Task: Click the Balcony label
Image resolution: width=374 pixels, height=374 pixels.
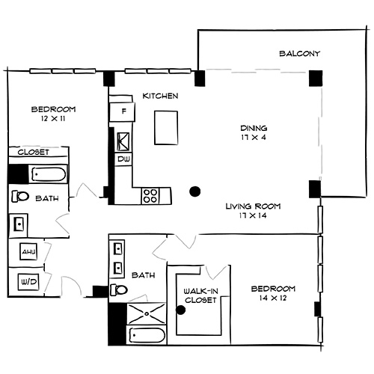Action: tap(299, 54)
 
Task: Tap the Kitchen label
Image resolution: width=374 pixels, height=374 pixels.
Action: tap(160, 96)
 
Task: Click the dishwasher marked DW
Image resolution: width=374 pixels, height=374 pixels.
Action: tap(123, 159)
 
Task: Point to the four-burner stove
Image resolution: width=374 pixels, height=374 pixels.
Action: tap(150, 195)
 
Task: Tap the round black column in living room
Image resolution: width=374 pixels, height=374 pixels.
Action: tap(195, 191)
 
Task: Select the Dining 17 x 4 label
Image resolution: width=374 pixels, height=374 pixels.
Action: tap(250, 132)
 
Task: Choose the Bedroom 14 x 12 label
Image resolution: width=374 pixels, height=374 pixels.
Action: tap(272, 293)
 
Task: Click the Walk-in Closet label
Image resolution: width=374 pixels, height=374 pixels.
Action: tap(200, 295)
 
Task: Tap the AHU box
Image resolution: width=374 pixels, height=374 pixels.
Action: tap(28, 252)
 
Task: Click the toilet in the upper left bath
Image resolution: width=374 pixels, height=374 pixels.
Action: tap(20, 197)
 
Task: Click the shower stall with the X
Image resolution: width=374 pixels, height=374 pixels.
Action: tap(146, 313)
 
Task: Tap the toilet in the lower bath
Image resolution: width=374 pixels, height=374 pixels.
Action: tap(120, 290)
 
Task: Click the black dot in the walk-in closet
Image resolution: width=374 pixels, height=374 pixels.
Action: tap(180, 309)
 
